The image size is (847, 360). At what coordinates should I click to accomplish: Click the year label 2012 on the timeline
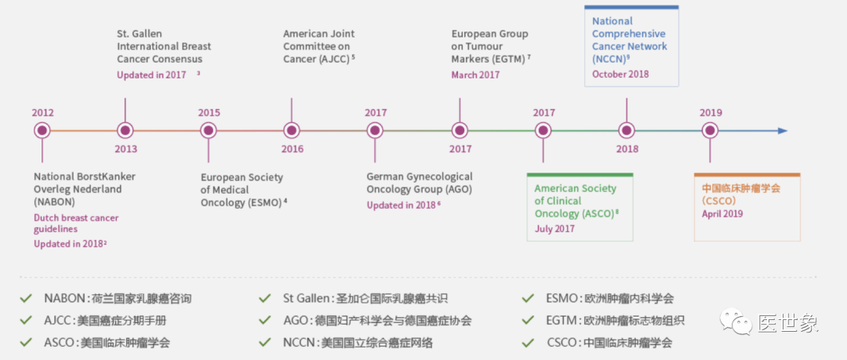pos(42,113)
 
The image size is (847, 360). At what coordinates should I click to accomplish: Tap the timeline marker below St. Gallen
pos(125,131)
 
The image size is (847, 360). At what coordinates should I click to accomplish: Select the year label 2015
pos(209,113)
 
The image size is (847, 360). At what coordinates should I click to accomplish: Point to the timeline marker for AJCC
pos(292,131)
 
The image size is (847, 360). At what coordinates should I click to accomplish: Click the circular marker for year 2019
pos(711,131)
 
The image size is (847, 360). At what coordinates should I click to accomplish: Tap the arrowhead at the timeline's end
pos(782,131)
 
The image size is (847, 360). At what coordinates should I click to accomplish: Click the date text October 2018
pos(620,75)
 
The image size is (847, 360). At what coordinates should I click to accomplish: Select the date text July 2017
pos(554,229)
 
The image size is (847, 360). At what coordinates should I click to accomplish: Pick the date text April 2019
pos(722,213)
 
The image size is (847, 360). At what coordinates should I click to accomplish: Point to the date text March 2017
pos(475,75)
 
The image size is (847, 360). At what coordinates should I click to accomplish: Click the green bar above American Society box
pos(580,174)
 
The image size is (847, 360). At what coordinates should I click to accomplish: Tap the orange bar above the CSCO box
pos(747,174)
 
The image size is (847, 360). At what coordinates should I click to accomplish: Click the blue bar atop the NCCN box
pos(631,7)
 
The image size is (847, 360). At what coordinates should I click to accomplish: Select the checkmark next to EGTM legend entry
pos(529,320)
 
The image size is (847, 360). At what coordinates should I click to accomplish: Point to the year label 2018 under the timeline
pos(627,149)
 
